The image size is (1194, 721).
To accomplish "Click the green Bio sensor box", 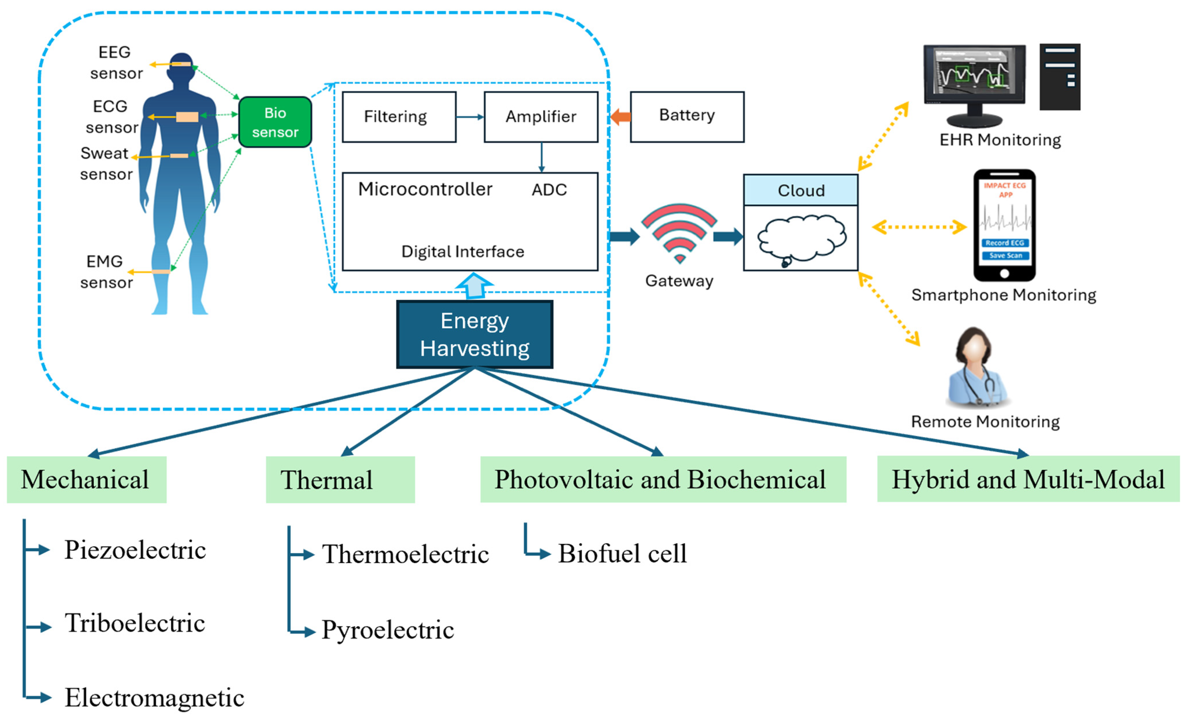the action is [275, 122].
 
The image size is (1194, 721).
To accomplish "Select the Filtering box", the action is [399, 117].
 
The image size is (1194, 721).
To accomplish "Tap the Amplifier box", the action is [541, 117].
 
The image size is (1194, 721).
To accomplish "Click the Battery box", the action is [687, 117].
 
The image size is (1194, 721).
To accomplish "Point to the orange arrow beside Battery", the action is [620, 117].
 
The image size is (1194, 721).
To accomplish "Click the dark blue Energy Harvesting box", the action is [475, 334].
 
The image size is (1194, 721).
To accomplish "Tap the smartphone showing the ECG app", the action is [1005, 225].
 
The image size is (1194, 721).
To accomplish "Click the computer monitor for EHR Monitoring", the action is [975, 85].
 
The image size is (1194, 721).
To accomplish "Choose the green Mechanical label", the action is [87, 480].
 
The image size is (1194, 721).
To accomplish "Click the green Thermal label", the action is [340, 480].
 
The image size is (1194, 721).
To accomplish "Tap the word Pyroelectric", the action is [388, 630].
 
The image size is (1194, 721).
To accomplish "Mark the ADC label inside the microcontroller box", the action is [549, 189].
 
